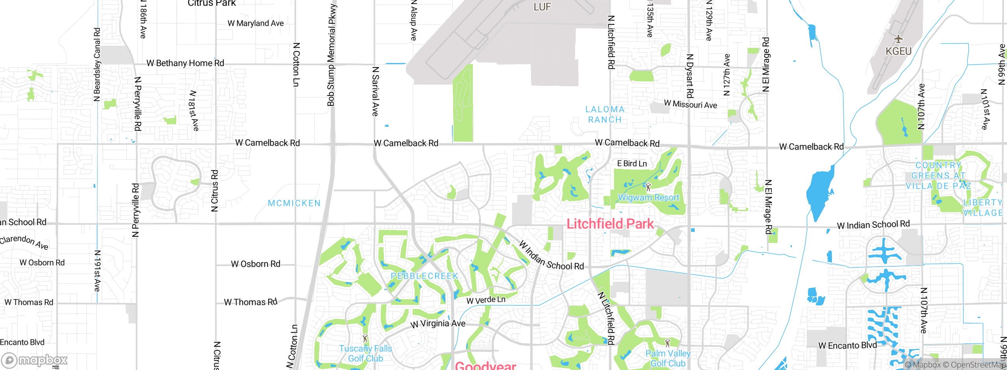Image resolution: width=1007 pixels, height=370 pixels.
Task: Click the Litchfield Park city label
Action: [610, 224]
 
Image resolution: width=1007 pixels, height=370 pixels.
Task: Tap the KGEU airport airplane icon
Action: [898, 39]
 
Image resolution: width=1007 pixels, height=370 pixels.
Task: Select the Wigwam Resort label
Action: [648, 198]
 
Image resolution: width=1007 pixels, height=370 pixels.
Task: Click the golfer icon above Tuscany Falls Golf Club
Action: [365, 338]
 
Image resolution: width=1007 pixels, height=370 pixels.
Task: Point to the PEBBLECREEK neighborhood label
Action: [424, 276]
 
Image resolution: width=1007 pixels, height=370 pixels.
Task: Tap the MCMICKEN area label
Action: [294, 203]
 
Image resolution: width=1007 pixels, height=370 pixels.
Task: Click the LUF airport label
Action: [542, 7]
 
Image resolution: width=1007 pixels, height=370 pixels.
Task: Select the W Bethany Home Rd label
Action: [185, 63]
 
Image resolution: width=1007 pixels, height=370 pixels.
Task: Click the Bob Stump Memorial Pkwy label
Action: [331, 55]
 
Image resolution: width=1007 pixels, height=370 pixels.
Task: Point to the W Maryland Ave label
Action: [256, 23]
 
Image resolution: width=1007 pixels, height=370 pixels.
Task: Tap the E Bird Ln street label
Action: [632, 163]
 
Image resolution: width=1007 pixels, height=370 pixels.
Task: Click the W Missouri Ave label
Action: [690, 104]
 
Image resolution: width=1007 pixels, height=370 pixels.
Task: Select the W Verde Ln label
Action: [486, 300]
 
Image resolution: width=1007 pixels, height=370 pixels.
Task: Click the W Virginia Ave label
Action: [438, 324]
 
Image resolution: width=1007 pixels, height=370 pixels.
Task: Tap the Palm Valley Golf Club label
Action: [668, 358]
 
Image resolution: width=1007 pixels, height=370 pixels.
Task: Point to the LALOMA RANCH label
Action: [605, 115]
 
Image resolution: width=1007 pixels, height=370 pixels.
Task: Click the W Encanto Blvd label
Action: [847, 346]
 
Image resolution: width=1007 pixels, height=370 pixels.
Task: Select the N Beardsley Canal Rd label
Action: [97, 65]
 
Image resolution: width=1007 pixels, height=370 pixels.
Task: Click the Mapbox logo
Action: [35, 360]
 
